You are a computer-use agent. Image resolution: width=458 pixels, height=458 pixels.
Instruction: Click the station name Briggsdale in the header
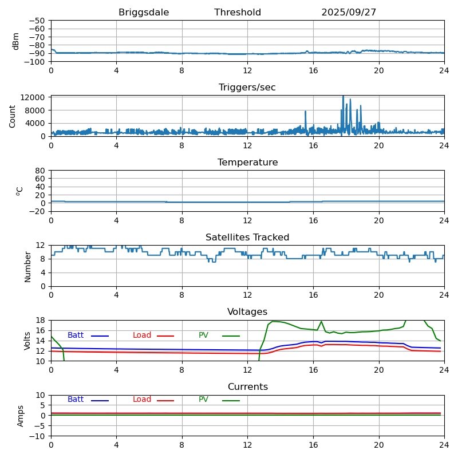click(144, 13)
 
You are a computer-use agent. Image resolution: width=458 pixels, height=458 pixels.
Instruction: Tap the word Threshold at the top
click(238, 13)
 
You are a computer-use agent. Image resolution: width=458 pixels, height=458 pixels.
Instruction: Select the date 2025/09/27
click(349, 13)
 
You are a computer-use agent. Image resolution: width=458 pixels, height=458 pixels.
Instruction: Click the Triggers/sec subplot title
click(247, 88)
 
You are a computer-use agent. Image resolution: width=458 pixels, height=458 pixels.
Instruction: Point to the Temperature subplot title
click(247, 163)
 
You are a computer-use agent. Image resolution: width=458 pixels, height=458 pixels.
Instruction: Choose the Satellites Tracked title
click(247, 238)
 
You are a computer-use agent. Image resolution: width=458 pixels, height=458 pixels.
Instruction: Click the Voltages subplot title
click(247, 312)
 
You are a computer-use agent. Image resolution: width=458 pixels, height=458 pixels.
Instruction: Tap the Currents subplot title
click(247, 387)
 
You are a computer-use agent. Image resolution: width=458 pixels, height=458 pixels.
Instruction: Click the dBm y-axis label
click(16, 41)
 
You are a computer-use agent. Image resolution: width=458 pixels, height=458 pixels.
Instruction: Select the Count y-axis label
click(13, 116)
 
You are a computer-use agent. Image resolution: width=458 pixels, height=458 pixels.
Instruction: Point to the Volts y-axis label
click(27, 341)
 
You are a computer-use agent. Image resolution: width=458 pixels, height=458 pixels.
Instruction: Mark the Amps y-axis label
click(21, 416)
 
